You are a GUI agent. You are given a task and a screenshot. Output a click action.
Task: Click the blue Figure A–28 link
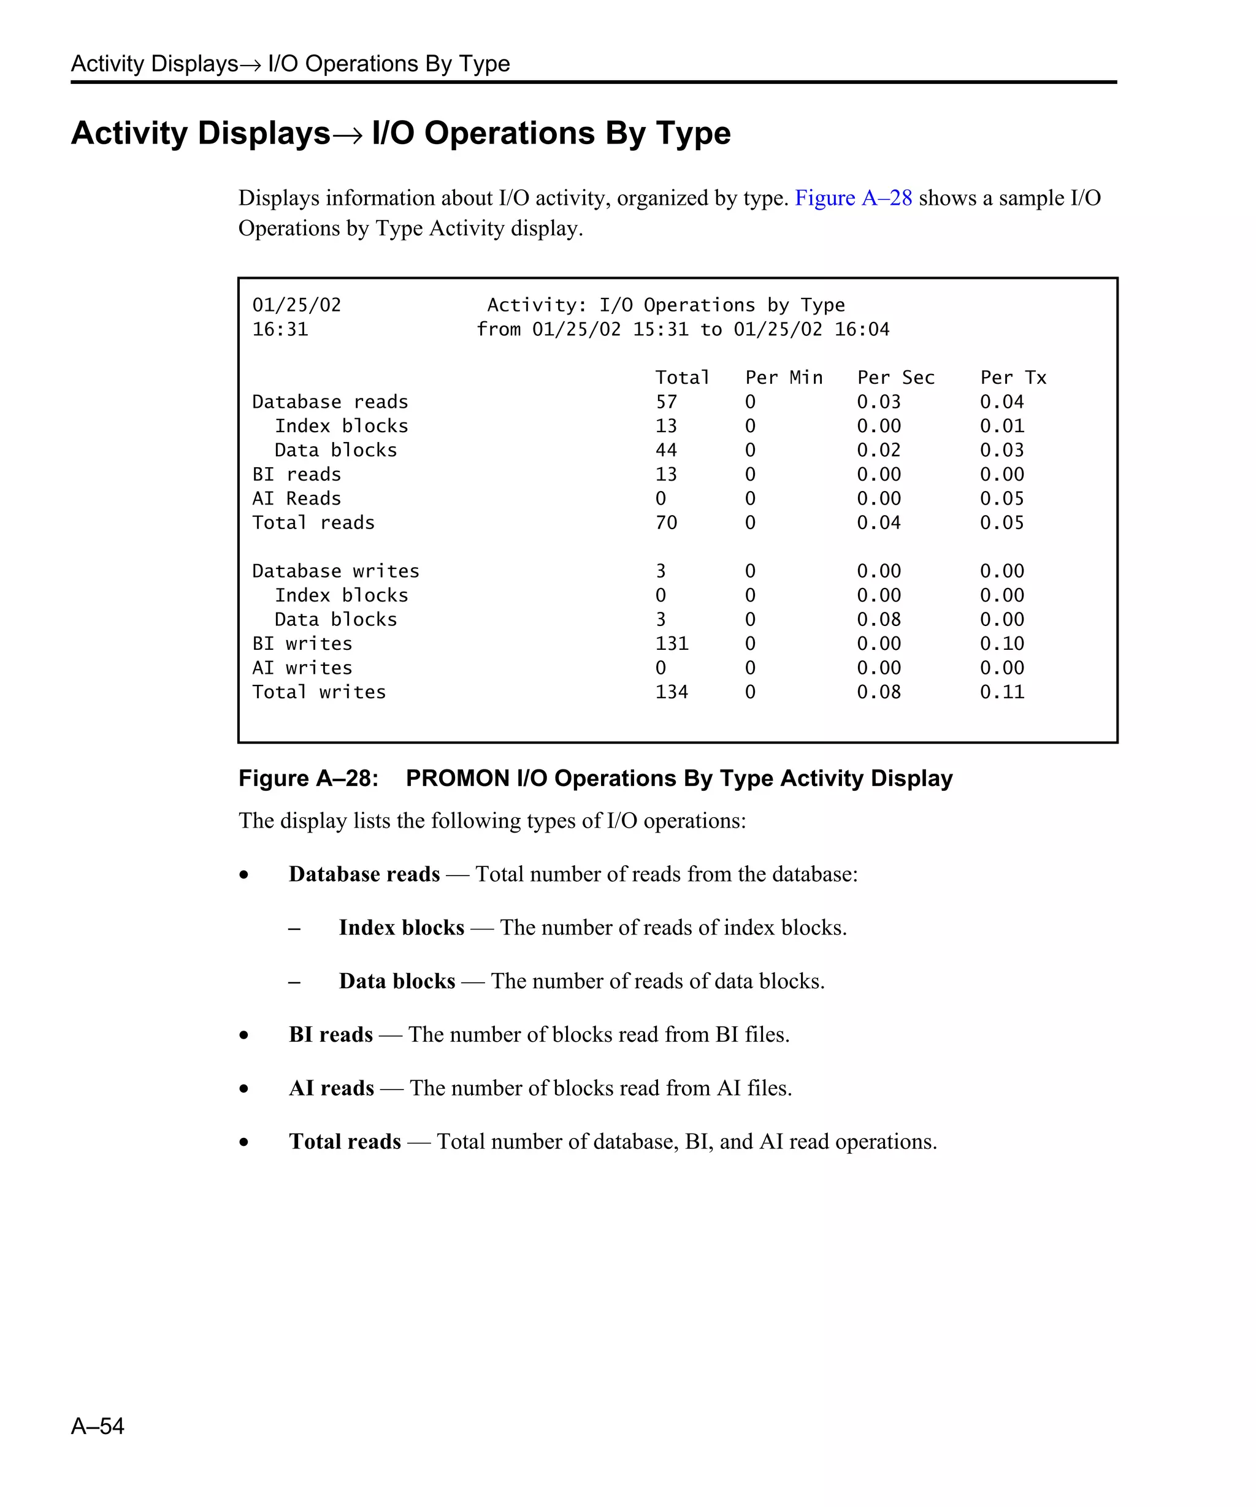[x=852, y=198]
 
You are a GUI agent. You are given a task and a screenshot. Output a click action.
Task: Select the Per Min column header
[x=784, y=378]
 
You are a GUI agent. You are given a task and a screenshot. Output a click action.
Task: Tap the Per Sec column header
[x=896, y=378]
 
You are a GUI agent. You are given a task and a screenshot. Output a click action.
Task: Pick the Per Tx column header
[x=1013, y=378]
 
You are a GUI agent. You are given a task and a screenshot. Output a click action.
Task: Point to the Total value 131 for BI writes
[x=672, y=644]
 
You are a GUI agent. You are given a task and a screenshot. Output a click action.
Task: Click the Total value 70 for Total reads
[x=666, y=522]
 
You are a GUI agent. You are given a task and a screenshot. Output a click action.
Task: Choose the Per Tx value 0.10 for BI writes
[x=1002, y=644]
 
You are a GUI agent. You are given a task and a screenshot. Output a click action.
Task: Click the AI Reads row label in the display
[x=296, y=498]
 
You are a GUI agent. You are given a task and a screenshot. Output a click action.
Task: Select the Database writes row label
[x=335, y=571]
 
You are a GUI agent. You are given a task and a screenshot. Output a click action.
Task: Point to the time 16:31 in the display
[x=280, y=329]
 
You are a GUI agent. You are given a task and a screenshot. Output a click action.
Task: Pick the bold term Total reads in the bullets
[x=345, y=1142]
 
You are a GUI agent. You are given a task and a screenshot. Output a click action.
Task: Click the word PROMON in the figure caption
[x=457, y=779]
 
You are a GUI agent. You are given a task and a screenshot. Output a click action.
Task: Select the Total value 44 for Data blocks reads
[x=666, y=450]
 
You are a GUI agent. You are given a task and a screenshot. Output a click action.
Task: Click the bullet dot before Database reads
[x=245, y=875]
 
